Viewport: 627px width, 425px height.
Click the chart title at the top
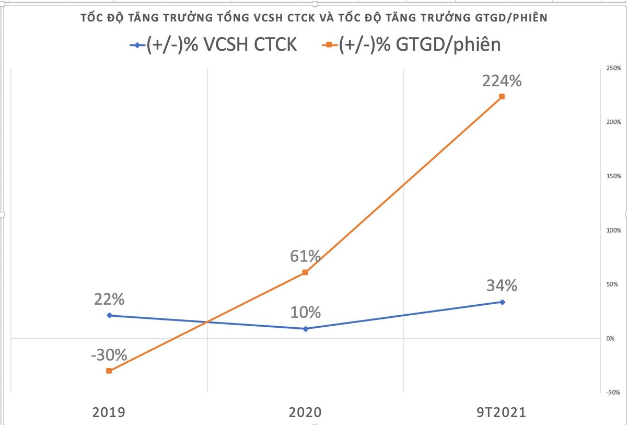[x=313, y=18]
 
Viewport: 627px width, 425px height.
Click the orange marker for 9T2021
[x=502, y=97]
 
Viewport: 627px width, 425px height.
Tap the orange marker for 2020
[x=306, y=272]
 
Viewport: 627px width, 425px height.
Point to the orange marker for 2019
[x=109, y=371]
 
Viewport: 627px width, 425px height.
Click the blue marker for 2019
[x=109, y=315]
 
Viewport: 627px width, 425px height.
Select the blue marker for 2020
[x=306, y=328]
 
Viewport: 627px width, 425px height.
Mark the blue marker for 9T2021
[x=502, y=302]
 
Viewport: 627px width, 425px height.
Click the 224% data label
[x=502, y=82]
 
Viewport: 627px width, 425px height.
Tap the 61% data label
[x=306, y=256]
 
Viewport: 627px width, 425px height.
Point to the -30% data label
[x=109, y=355]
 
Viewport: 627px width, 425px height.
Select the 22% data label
[x=109, y=300]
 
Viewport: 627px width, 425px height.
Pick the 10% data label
[x=306, y=313]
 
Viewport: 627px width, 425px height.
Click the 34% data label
[x=502, y=286]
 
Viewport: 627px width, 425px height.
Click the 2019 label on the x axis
[x=109, y=412]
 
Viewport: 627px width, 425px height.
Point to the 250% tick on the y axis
[x=613, y=68]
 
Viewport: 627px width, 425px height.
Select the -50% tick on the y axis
[x=613, y=392]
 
